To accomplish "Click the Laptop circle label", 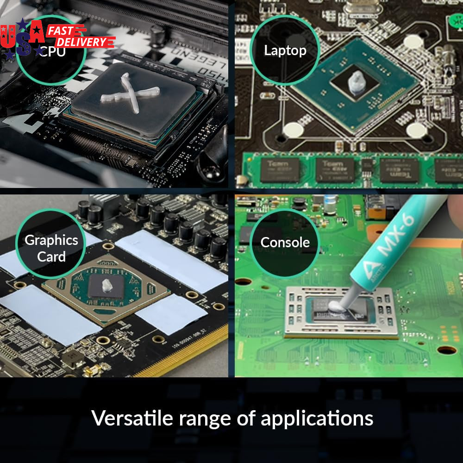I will (285, 50).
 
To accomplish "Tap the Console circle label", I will (285, 242).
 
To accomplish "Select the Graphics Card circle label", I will (51, 248).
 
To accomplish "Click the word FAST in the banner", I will (66, 31).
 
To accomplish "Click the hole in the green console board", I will (447, 350).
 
